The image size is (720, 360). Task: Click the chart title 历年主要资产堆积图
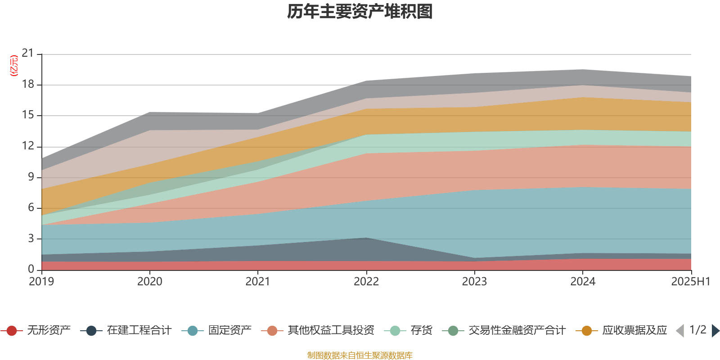[x=360, y=12]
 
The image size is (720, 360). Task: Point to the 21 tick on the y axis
[x=28, y=54]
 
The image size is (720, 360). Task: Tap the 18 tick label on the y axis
[x=28, y=85]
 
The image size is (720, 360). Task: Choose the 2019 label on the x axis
[x=41, y=282]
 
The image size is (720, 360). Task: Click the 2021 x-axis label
[x=257, y=282]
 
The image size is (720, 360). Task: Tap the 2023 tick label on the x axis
[x=474, y=282]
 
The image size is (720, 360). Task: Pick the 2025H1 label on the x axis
[x=690, y=282]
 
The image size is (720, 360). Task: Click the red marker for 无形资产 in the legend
[x=12, y=331]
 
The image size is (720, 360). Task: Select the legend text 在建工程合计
[x=139, y=331]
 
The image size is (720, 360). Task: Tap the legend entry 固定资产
[x=229, y=331]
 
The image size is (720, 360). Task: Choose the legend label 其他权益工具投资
[x=331, y=331]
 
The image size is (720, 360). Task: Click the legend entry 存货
[x=421, y=331]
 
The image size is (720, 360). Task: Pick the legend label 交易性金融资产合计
[x=517, y=331]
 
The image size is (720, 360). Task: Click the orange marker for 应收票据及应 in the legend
[x=587, y=331]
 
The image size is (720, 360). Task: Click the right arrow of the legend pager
[x=715, y=331]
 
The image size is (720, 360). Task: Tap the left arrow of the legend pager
[x=680, y=331]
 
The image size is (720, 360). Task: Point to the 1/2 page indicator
[x=698, y=330]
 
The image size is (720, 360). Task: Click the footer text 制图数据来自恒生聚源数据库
[x=360, y=355]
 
